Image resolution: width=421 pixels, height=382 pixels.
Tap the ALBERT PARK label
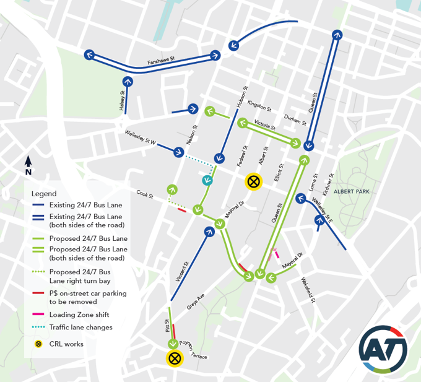click(351, 192)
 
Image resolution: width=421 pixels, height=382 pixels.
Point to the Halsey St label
click(122, 102)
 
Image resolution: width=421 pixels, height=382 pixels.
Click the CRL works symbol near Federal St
click(253, 181)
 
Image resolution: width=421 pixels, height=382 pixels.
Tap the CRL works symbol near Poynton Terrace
click(175, 358)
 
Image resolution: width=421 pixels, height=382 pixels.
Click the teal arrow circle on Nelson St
click(207, 181)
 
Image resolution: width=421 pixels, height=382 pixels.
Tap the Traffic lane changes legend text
click(81, 327)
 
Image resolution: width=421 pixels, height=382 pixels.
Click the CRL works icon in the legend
click(38, 344)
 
